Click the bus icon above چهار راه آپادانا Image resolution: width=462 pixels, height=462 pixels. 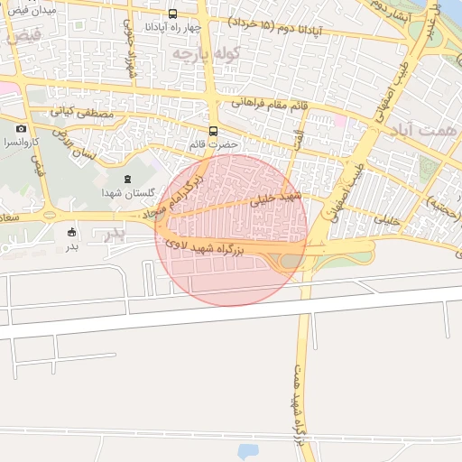(x=172, y=14)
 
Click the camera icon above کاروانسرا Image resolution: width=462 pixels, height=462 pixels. (x=22, y=128)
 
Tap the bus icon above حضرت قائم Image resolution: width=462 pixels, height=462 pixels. (x=213, y=130)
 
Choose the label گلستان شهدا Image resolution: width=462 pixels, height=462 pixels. (x=125, y=193)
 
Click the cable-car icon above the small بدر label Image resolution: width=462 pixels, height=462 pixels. (x=72, y=233)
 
